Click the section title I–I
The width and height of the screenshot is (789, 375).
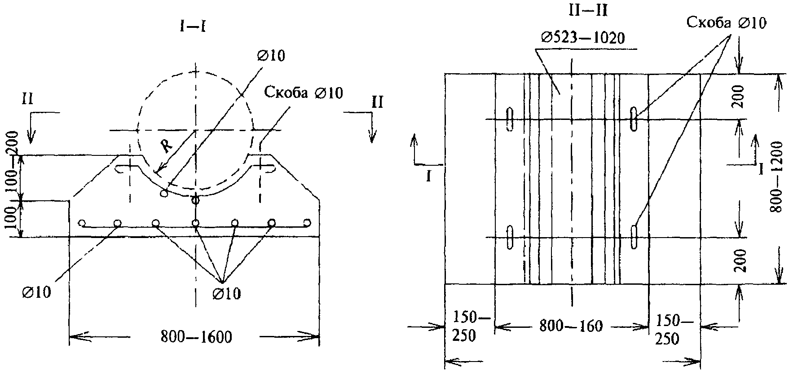click(193, 26)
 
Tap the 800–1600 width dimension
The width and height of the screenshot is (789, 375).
click(197, 336)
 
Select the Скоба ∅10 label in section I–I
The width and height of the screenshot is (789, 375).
click(303, 93)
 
